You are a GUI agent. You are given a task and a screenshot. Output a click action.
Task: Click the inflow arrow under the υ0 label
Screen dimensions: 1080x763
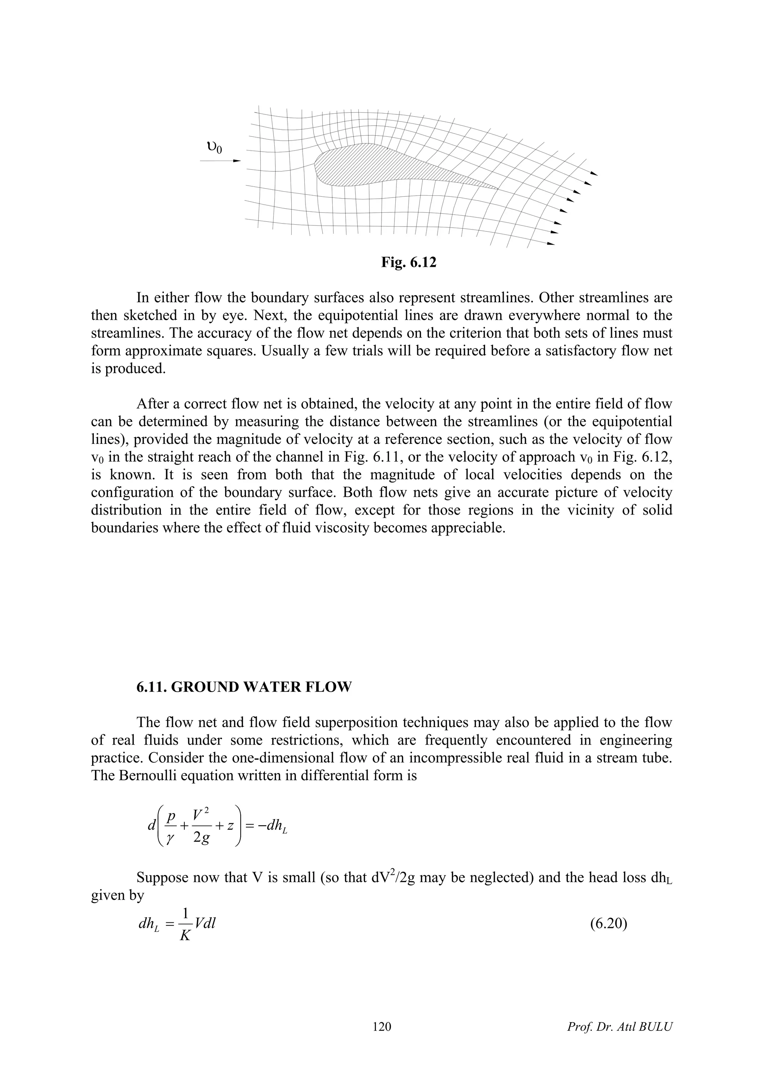221,161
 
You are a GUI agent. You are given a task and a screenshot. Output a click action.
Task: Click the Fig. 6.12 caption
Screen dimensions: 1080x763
409,262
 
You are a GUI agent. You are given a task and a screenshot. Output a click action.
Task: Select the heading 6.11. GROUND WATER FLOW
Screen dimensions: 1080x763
244,687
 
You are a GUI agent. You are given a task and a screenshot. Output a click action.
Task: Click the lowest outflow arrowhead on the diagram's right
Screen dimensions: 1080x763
551,244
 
